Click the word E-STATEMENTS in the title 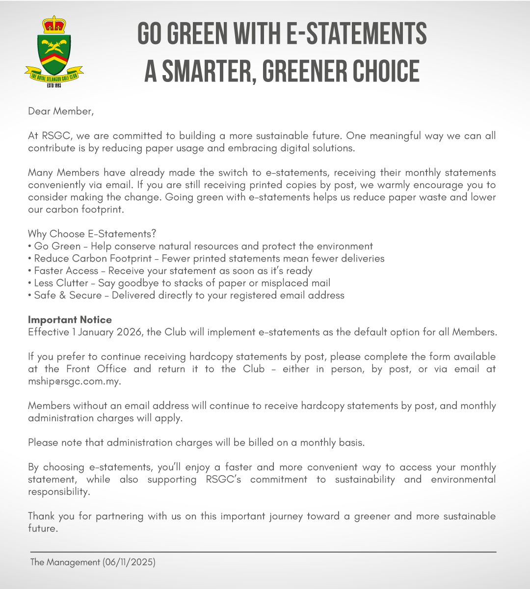click(x=356, y=34)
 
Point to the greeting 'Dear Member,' click(x=60, y=111)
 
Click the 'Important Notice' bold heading click(x=70, y=320)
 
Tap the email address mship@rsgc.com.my click(x=74, y=381)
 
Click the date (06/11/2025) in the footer click(x=129, y=562)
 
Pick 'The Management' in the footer click(x=65, y=562)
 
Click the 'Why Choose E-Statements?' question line click(x=92, y=234)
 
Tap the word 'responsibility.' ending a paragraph click(x=59, y=492)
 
